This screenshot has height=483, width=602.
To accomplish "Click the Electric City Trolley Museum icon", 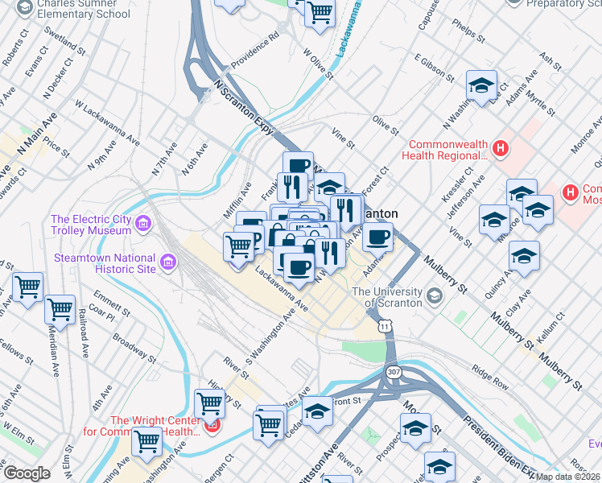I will click(x=143, y=223).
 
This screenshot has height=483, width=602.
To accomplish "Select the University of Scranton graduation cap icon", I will click(x=435, y=297).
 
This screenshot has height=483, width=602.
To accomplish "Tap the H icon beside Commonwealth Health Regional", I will click(x=501, y=149).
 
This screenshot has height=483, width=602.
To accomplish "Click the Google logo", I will click(x=27, y=473).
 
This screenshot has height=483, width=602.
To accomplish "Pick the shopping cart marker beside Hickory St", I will click(x=210, y=402).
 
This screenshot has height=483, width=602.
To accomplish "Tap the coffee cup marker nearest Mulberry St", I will click(x=377, y=237).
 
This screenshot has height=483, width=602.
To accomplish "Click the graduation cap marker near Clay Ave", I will click(x=524, y=255).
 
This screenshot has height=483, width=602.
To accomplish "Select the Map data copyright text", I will click(x=568, y=476).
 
